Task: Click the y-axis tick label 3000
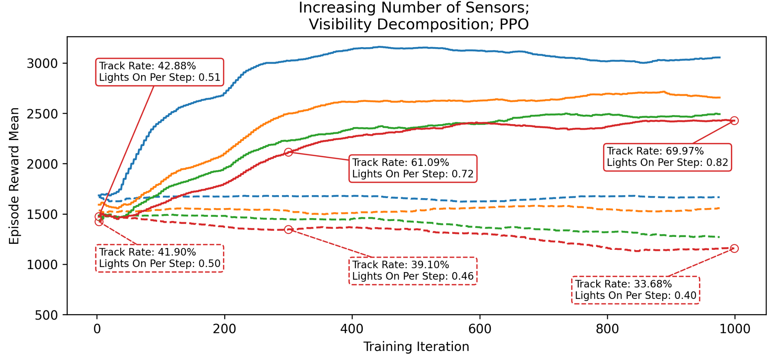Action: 42,64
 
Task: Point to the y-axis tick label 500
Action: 46,316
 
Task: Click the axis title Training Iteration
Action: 416,347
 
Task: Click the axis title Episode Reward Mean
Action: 14,176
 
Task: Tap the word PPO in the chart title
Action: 514,25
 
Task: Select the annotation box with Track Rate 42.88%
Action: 160,72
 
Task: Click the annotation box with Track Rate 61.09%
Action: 413,169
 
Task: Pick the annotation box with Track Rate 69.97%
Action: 667,157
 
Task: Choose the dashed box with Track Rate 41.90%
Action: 160,258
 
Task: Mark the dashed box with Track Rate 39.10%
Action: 413,271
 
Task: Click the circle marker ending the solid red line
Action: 734,121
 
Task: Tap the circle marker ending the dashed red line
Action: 734,249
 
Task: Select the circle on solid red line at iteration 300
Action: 288,152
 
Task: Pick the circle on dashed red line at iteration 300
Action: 288,230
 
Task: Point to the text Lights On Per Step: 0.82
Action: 667,163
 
